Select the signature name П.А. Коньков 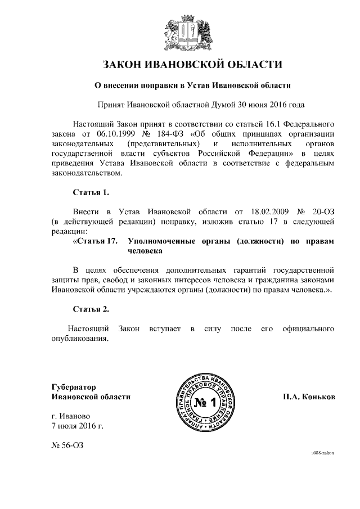click(309, 397)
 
